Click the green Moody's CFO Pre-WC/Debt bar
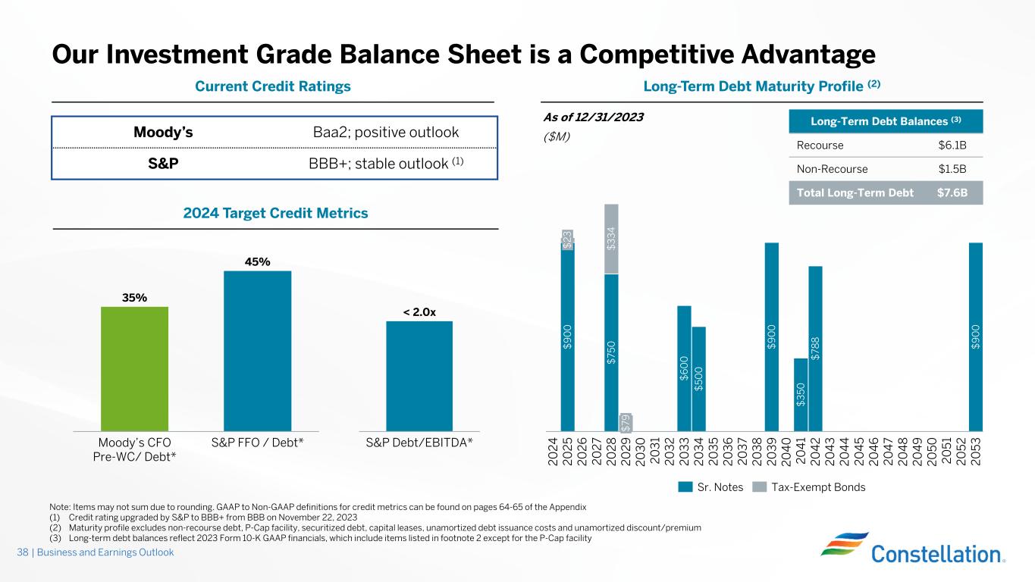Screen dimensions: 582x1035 click(x=134, y=368)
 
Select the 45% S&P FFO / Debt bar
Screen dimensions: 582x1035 click(x=257, y=350)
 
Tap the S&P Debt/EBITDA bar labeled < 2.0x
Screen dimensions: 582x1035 click(x=419, y=375)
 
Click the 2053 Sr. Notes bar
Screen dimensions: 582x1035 click(x=976, y=336)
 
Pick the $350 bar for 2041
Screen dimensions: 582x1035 click(x=801, y=394)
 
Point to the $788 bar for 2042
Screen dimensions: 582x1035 click(x=815, y=348)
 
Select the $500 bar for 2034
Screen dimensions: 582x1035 click(x=698, y=378)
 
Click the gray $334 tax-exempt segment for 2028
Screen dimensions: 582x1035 click(x=611, y=239)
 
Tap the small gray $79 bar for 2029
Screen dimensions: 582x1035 click(x=626, y=421)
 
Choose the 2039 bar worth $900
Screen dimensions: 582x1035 click(x=772, y=336)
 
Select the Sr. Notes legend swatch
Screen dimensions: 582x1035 click(x=685, y=487)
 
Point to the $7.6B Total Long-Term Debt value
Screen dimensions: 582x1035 click(x=952, y=192)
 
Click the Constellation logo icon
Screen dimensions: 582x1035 click(x=841, y=547)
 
